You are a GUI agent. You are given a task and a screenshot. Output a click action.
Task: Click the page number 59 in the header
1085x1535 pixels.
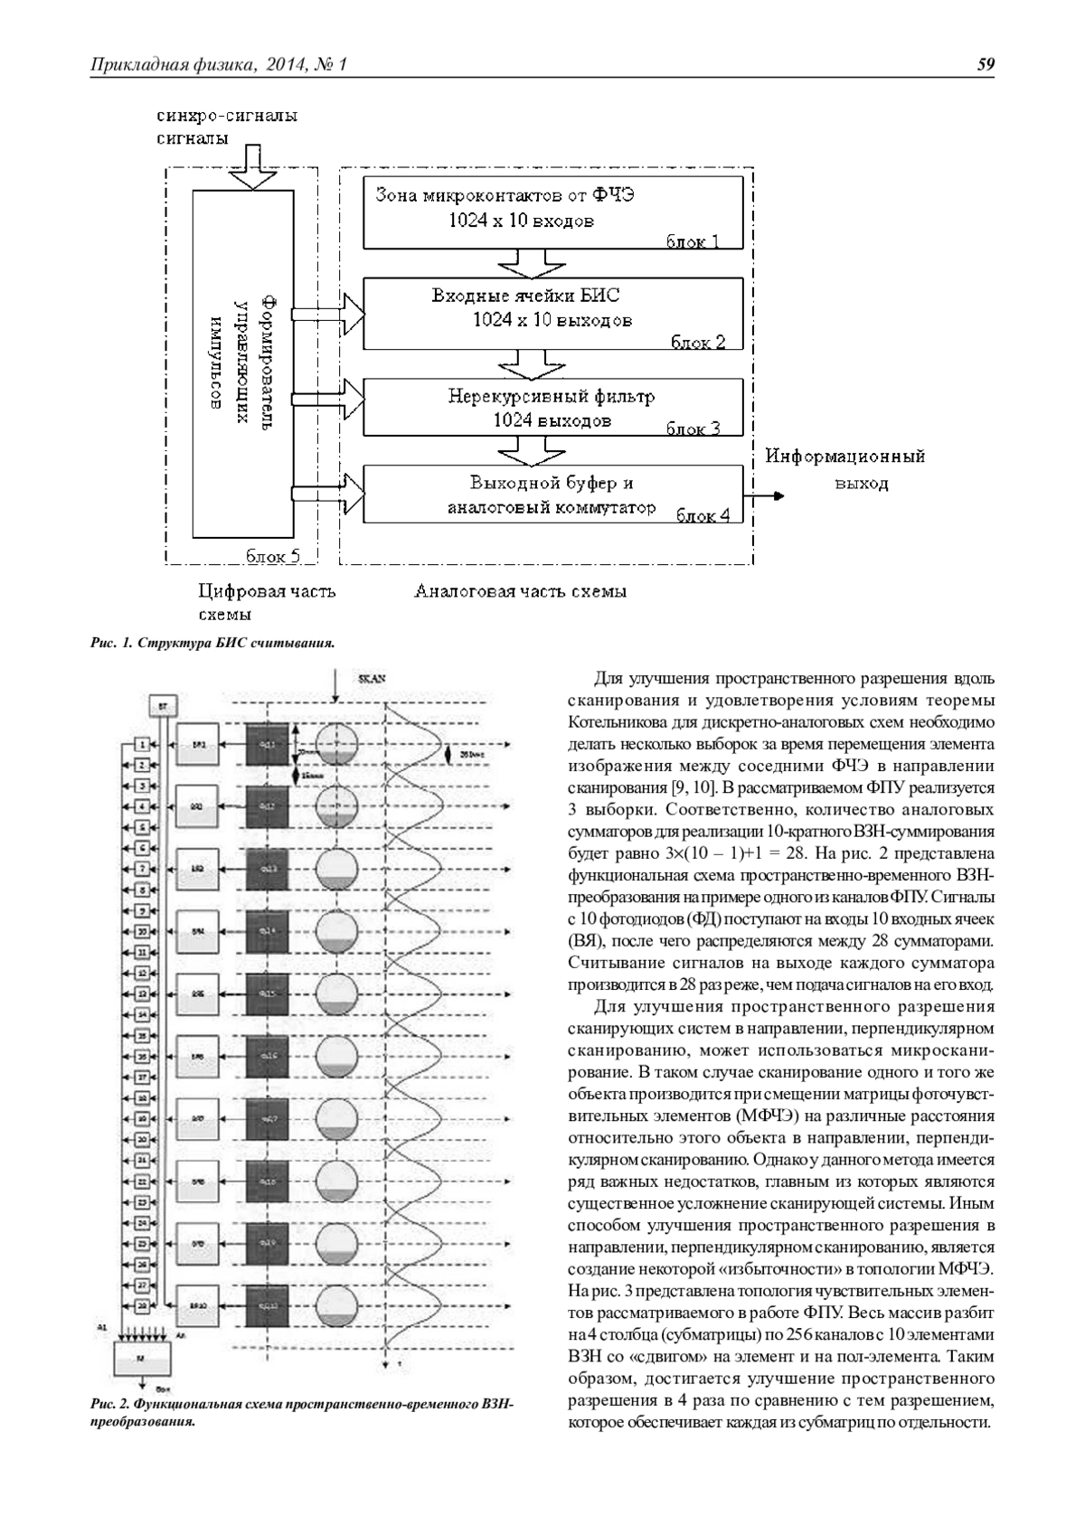[x=986, y=64]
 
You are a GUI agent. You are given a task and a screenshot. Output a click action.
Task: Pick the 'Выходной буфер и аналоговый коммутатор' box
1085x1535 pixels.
[x=552, y=494]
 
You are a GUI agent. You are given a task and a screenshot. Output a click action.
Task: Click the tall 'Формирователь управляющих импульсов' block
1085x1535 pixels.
[x=242, y=364]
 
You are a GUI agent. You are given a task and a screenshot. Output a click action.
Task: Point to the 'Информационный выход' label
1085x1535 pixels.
[x=846, y=469]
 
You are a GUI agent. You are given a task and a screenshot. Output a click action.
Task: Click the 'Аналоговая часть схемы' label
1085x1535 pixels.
[x=520, y=593]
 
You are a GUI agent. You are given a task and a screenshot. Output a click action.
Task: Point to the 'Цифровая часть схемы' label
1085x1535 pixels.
[x=267, y=602]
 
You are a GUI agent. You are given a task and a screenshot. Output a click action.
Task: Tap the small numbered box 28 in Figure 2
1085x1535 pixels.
[x=142, y=1304]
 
